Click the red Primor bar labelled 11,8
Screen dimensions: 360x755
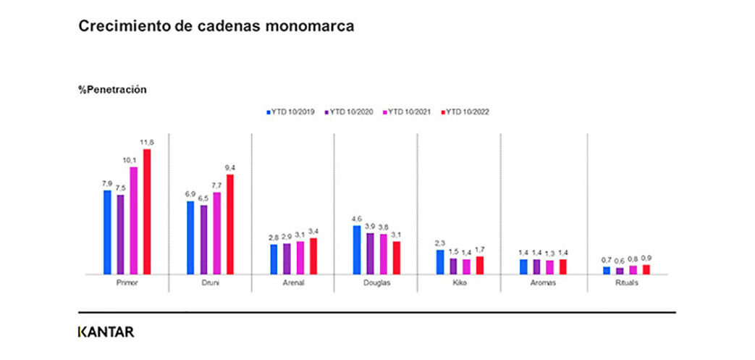(x=147, y=212)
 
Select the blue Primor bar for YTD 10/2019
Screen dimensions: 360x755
(x=107, y=233)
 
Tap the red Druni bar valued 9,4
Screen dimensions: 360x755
(x=230, y=225)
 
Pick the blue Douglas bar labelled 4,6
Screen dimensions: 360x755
(x=356, y=250)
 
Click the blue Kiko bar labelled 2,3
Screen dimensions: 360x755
(x=439, y=262)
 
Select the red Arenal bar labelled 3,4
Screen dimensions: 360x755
(x=313, y=256)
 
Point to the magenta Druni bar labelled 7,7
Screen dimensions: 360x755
(x=217, y=233)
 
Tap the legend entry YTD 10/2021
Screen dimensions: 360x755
(x=408, y=112)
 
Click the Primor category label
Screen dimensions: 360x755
(x=127, y=283)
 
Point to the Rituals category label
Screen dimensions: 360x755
(x=627, y=283)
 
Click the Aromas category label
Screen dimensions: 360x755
(x=543, y=283)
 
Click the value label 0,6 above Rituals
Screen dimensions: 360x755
(x=620, y=261)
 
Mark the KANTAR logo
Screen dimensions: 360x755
(x=106, y=332)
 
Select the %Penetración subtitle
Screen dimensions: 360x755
(x=113, y=90)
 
